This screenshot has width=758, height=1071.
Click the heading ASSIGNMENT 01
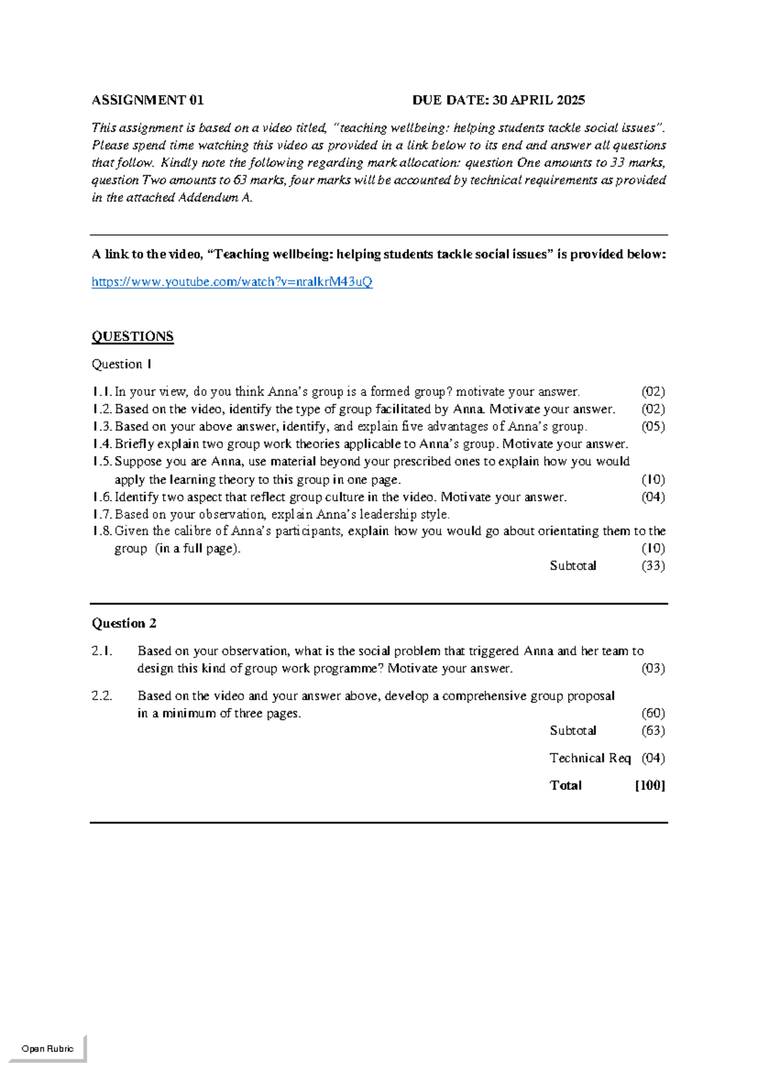tap(148, 100)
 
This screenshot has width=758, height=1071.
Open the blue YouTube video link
tap(232, 282)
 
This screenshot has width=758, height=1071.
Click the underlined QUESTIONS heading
tap(133, 337)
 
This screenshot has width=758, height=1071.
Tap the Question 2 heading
tap(124, 623)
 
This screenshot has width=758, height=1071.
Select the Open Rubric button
tap(47, 1048)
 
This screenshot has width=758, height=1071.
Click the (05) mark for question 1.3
tap(653, 426)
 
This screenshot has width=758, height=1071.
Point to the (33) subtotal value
tap(653, 566)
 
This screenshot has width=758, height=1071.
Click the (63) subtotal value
tap(653, 731)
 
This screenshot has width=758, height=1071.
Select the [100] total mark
tap(650, 786)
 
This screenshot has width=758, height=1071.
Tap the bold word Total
tap(565, 786)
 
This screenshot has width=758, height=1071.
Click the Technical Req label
tap(590, 758)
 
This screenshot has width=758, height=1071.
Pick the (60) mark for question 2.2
tap(653, 713)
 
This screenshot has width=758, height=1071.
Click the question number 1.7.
tap(102, 514)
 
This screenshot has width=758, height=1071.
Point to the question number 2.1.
tap(102, 651)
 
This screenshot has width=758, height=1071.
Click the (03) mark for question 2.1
tap(653, 668)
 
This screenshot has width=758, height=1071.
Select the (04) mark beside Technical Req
tap(653, 758)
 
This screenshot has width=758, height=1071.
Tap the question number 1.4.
tap(102, 444)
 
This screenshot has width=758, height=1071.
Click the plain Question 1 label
tap(122, 364)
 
